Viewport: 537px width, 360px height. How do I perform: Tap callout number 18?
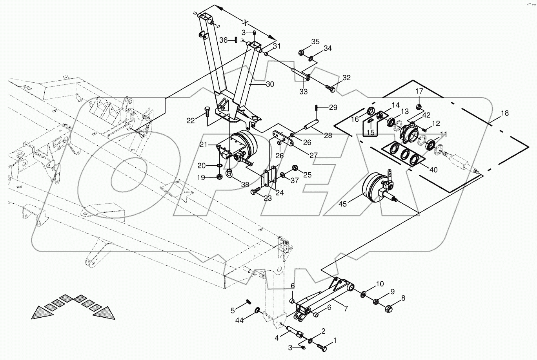[x=505, y=113]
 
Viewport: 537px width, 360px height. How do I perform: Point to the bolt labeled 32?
[x=330, y=89]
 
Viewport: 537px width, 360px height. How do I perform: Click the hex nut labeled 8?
[x=389, y=308]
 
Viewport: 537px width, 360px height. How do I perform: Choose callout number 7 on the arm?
[x=346, y=309]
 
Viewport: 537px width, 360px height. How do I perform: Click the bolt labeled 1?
[x=322, y=347]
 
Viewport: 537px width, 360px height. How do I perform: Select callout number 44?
[x=240, y=320]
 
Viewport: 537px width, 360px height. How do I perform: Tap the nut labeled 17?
[x=418, y=106]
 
